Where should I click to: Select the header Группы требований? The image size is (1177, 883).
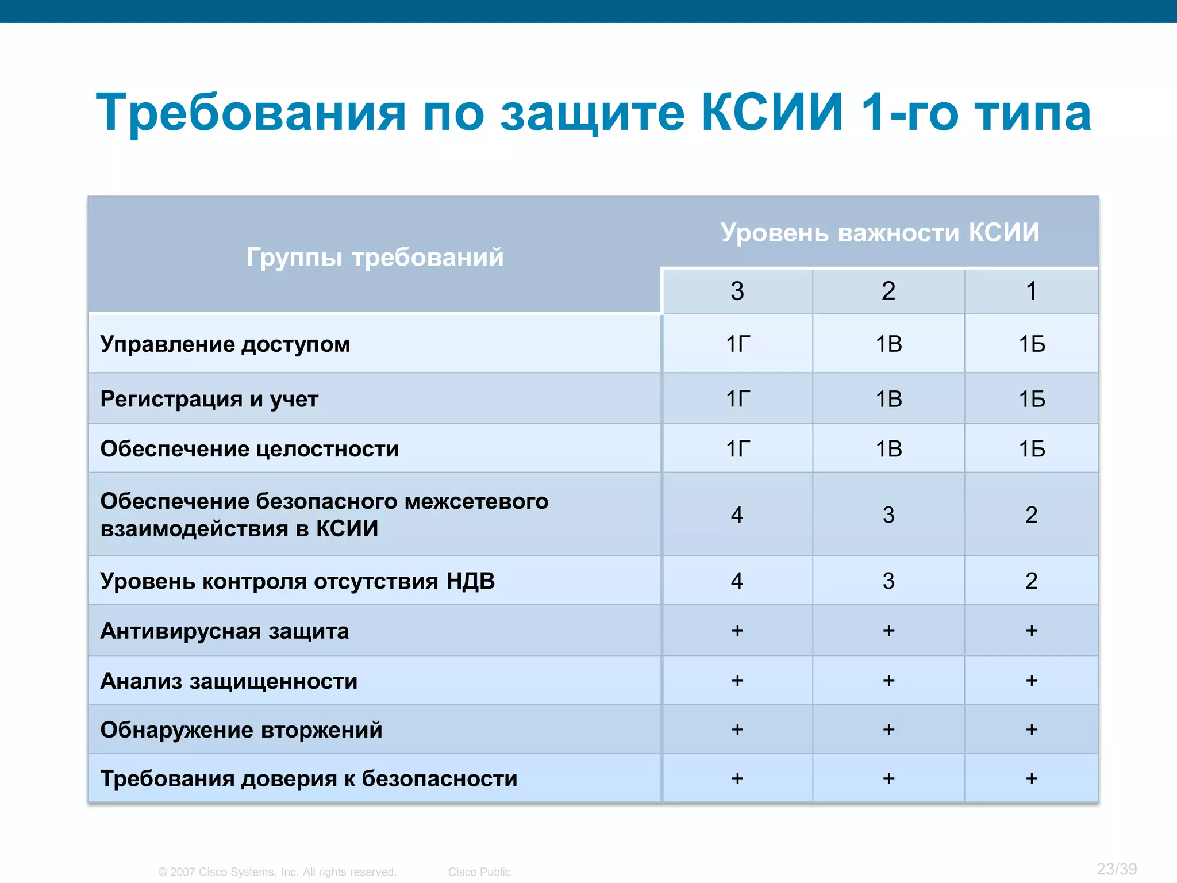[x=375, y=257]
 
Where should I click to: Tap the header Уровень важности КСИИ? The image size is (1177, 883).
[x=880, y=233]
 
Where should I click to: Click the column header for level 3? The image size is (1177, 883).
[x=737, y=291]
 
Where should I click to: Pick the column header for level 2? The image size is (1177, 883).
[x=888, y=291]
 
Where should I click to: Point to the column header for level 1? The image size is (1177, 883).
[x=1032, y=291]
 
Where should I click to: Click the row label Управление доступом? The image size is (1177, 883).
[x=225, y=344]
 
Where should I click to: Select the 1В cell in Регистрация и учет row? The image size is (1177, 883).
[x=888, y=399]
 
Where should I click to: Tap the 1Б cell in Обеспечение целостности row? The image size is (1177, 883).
[x=1032, y=449]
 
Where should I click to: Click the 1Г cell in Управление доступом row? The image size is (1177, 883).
[x=737, y=344]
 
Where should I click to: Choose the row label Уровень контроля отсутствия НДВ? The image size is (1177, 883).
[x=297, y=581]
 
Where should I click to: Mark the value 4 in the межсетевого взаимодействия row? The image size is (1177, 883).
[x=737, y=515]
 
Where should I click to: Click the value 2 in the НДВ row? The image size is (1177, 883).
[x=1032, y=581]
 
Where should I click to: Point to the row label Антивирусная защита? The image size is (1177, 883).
[x=224, y=631]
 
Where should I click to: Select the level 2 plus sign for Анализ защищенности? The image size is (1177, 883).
[x=888, y=681]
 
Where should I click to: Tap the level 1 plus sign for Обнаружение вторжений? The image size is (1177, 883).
[x=1032, y=730]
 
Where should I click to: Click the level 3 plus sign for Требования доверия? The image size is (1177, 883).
[x=737, y=778]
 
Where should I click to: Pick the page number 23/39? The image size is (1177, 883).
[x=1116, y=869]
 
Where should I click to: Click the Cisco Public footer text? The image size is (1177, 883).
[x=479, y=872]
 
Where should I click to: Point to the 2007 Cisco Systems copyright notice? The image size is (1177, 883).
[x=278, y=872]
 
